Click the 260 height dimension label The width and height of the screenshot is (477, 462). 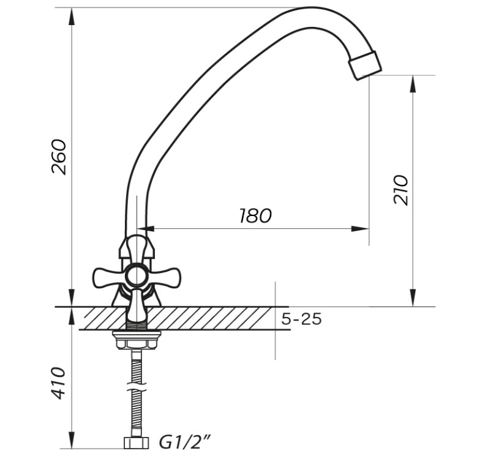pyautogui.click(x=59, y=157)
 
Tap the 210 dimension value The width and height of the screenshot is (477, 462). pyautogui.click(x=400, y=190)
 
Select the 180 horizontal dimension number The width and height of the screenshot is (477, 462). pyautogui.click(x=255, y=215)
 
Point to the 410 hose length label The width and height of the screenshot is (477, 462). pyautogui.click(x=58, y=383)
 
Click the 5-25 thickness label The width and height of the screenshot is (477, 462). pyautogui.click(x=301, y=319)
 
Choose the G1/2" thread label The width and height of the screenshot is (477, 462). pyautogui.click(x=185, y=442)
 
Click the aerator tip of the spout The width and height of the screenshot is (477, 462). pyautogui.click(x=365, y=65)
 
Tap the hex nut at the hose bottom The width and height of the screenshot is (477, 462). pyautogui.click(x=137, y=443)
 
